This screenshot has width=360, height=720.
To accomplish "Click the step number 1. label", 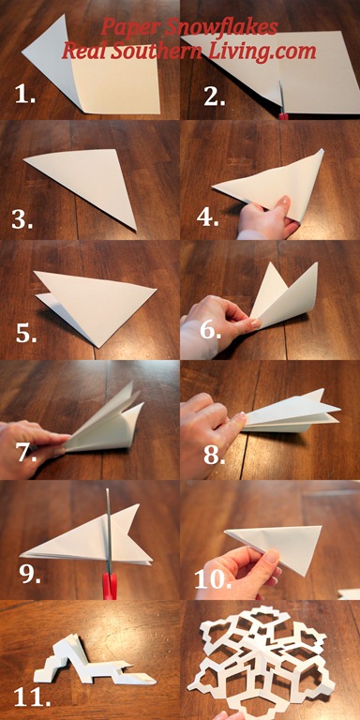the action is point(25,95).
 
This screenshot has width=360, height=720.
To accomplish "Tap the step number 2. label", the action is point(214,96).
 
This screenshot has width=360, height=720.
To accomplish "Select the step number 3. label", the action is point(22,220).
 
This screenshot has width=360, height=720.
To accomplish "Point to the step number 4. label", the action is point(207,217).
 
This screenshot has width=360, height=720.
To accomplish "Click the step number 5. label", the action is point(26,334).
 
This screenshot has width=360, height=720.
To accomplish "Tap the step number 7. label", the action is point(26,452).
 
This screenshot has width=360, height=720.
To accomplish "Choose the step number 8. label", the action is point(215,455).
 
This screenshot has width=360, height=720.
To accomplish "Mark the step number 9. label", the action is point(30,573).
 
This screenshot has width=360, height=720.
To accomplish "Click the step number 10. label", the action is point(212,580).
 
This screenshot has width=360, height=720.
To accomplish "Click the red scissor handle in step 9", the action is point(110,586).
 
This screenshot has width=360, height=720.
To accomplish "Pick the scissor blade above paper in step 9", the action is point(109,510).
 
